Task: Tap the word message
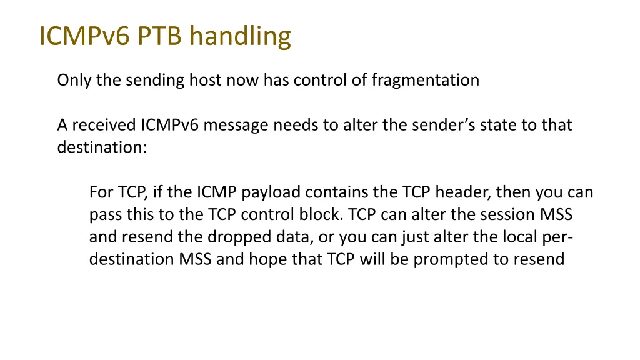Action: pyautogui.click(x=237, y=126)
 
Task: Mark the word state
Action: pyautogui.click(x=501, y=126)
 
